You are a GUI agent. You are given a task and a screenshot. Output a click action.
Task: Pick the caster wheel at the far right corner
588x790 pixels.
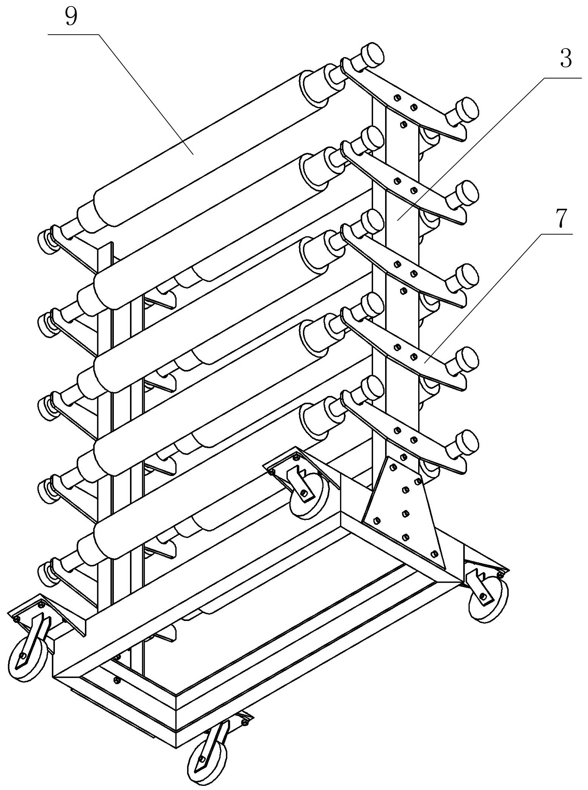(489, 600)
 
